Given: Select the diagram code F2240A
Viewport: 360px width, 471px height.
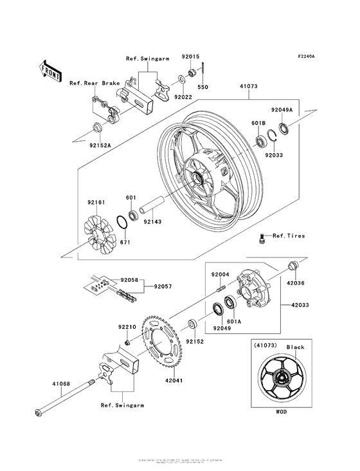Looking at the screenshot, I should tap(306, 57).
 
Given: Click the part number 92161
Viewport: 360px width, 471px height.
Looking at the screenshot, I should tap(96, 202).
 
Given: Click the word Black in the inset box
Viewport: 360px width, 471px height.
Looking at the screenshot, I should tap(296, 347).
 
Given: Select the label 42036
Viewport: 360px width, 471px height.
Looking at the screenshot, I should tap(296, 281).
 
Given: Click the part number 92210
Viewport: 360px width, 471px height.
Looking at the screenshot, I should tap(126, 327).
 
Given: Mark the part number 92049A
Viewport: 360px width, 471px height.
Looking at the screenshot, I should tap(282, 110).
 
